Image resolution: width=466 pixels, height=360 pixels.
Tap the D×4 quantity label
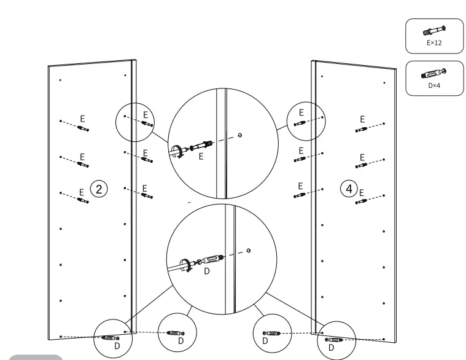pyautogui.click(x=434, y=86)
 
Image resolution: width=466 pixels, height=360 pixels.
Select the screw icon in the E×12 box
pyautogui.click(x=434, y=29)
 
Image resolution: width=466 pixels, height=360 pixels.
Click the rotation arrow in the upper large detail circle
pyautogui.click(x=177, y=151)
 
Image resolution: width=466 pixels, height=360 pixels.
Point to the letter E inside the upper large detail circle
pyautogui.click(x=200, y=157)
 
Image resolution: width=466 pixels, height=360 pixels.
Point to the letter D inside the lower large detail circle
pyautogui.click(x=206, y=272)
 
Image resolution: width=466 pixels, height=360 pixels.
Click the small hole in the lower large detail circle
pyautogui.click(x=247, y=250)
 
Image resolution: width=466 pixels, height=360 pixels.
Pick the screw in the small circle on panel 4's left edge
pyautogui.click(x=300, y=122)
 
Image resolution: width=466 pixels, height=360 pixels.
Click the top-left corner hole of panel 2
pyautogui.click(x=60, y=80)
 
